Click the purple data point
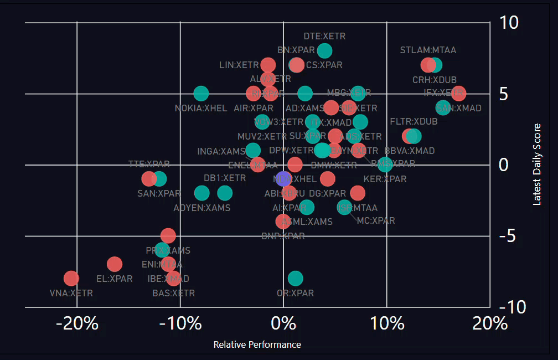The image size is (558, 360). [x=283, y=178]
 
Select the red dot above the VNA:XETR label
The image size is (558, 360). [x=71, y=278]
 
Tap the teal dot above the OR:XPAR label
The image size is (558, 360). [x=296, y=278]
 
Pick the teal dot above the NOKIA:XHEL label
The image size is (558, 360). [x=201, y=94]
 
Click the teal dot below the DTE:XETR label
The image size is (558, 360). [x=325, y=51]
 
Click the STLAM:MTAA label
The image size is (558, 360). [x=428, y=50]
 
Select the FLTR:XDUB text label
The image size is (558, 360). [x=414, y=121]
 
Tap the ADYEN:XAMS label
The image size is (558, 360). [x=201, y=208]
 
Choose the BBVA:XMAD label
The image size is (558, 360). [x=409, y=151]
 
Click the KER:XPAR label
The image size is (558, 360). [x=385, y=179]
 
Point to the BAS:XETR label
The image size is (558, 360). [x=173, y=293]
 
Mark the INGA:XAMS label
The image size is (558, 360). [x=221, y=151]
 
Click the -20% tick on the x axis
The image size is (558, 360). [x=77, y=323]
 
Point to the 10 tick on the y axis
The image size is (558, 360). [x=509, y=23]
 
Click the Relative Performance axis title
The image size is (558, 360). [x=257, y=344]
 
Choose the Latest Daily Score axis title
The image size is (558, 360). [x=537, y=164]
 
